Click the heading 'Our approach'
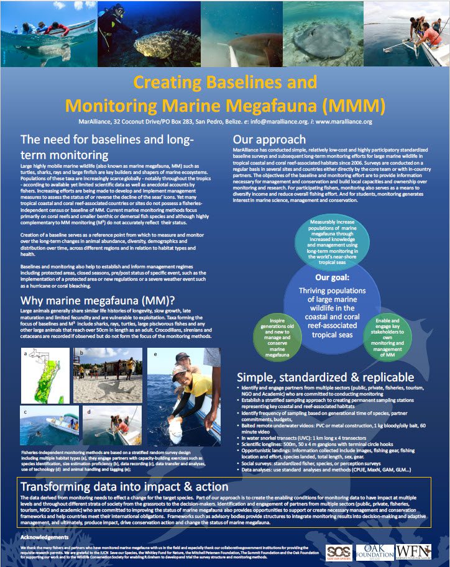pyautogui.click(x=269, y=139)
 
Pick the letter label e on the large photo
pyautogui.click(x=155, y=354)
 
